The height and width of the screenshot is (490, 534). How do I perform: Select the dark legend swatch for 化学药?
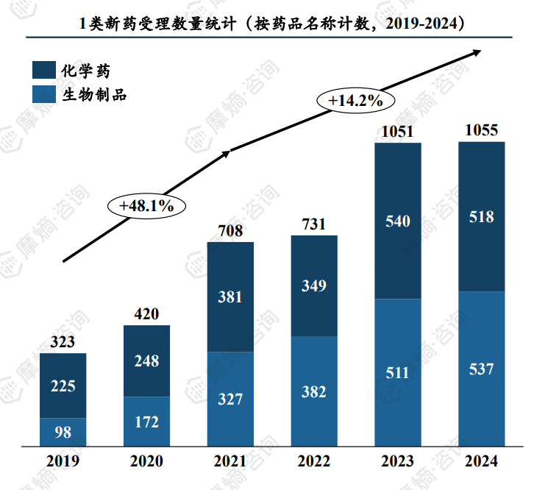(x=43, y=71)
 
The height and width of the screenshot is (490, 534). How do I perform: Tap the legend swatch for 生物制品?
(x=43, y=94)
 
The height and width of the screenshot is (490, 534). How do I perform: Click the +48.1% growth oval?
(x=147, y=205)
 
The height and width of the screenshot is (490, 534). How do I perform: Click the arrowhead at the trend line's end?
(x=477, y=51)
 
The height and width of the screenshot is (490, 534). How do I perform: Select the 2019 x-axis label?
(x=63, y=462)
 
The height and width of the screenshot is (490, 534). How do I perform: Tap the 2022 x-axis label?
(x=314, y=462)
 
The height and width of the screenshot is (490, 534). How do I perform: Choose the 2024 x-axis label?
(x=482, y=462)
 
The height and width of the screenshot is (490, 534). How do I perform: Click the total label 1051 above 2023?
(x=398, y=132)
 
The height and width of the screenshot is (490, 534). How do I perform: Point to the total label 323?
(x=63, y=342)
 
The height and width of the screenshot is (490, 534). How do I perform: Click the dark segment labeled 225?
(x=63, y=386)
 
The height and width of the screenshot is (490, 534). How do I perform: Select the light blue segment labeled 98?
(x=63, y=432)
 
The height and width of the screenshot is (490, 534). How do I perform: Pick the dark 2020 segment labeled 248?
(x=146, y=361)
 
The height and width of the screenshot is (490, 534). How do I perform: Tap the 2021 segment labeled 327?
(x=230, y=400)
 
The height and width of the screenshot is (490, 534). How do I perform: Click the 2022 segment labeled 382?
(x=314, y=391)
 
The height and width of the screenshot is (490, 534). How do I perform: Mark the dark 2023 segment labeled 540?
(x=398, y=221)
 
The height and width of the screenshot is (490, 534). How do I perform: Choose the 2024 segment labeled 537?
(x=482, y=369)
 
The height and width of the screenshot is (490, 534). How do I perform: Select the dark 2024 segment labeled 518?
(x=482, y=217)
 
